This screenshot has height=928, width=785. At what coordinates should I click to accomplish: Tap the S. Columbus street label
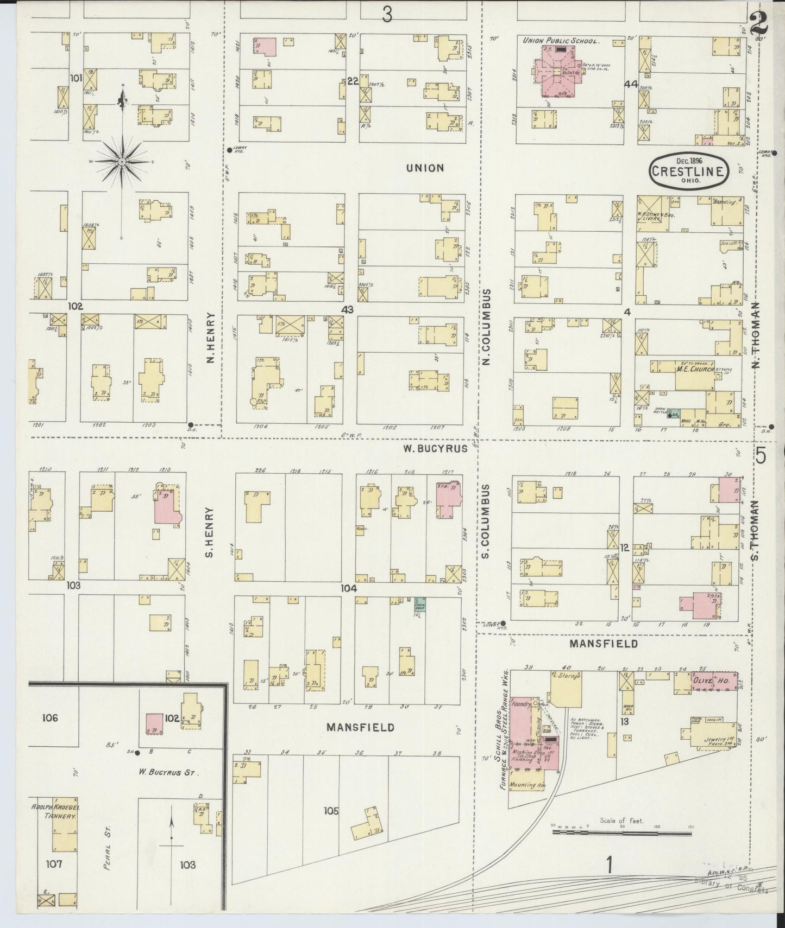coord(486,521)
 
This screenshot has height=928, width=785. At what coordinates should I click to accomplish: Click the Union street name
coord(425,168)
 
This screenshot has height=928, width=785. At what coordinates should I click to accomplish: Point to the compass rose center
coord(123,162)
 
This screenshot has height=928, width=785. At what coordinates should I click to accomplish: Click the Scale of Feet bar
coord(623,842)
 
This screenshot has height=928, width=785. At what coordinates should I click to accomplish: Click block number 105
coord(331,811)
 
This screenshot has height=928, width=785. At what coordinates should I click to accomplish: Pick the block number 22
coord(353,81)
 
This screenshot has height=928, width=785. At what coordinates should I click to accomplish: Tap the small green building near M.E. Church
coord(673,414)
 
